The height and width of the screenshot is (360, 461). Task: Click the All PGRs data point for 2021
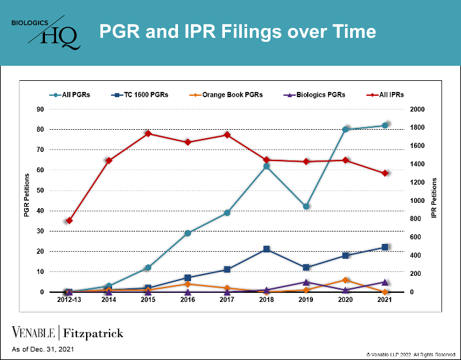pos(385,125)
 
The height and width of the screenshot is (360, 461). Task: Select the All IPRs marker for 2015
pos(148,134)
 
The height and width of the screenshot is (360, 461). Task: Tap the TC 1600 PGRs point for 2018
pos(266,249)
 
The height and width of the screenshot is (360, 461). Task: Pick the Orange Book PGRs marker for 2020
pos(346,280)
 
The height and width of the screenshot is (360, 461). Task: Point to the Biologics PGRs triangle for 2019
pos(306,282)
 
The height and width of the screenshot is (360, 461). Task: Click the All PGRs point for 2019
pos(306,206)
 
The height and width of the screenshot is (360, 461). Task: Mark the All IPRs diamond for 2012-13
pos(69,220)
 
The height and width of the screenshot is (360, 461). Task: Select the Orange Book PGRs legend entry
pos(228,95)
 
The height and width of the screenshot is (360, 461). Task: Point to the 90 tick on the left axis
pos(40,110)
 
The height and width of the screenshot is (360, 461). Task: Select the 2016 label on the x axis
pos(187,300)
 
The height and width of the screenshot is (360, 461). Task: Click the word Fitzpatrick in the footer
pos(93,334)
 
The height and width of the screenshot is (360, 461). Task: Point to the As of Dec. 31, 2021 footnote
pos(42,350)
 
